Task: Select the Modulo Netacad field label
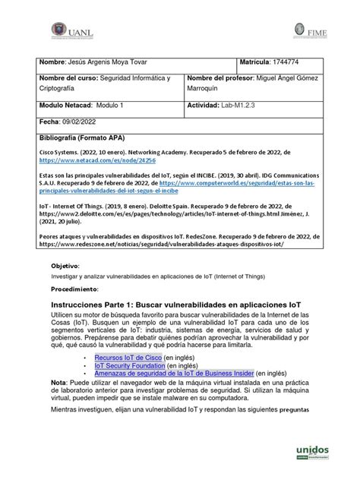(65, 105)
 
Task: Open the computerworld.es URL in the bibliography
(251, 183)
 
